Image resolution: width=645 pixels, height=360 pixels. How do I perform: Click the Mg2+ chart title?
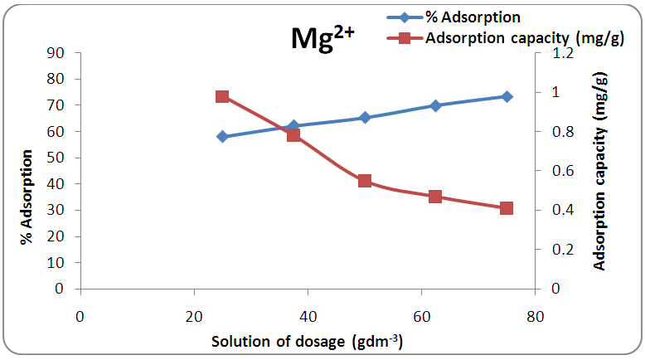point(322,39)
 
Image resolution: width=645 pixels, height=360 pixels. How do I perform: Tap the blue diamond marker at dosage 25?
point(222,136)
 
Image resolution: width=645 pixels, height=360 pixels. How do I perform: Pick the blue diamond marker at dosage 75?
point(507,96)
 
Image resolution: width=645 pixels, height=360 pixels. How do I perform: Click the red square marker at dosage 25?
point(222,96)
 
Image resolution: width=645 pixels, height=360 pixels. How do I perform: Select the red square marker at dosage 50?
point(365,181)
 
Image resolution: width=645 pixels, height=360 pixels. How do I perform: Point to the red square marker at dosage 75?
point(507,208)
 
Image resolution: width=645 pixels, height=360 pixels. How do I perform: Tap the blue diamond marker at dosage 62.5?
point(435,105)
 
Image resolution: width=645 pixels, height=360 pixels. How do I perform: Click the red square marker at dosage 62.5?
point(435,197)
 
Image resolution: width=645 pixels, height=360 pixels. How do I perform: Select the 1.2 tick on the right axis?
point(554,53)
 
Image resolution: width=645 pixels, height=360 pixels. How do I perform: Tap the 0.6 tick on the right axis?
point(554,171)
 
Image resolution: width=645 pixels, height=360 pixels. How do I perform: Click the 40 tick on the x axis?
point(308,316)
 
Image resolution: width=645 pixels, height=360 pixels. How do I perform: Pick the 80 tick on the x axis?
point(535,316)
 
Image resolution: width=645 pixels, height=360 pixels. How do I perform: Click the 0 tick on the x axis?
point(80,316)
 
